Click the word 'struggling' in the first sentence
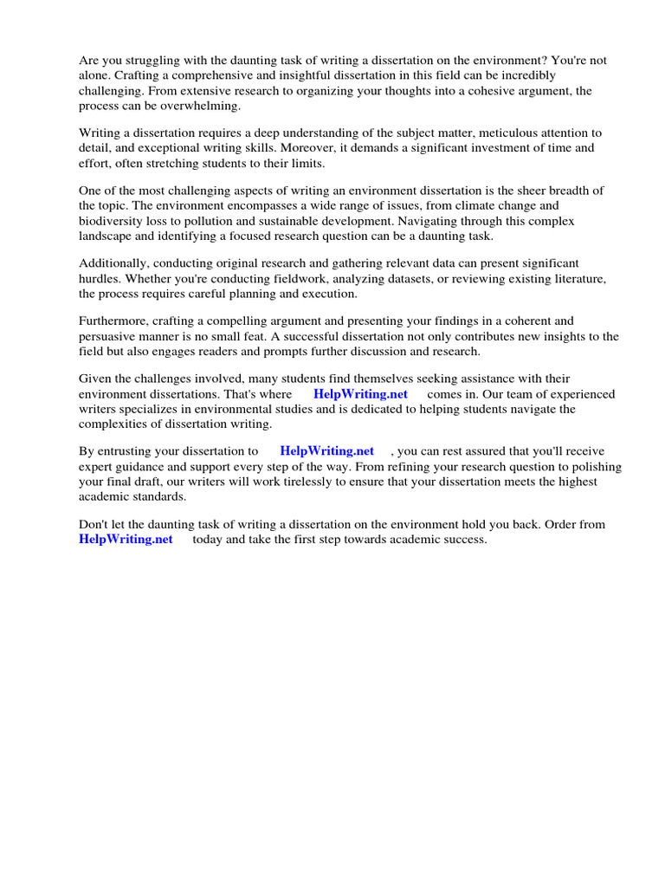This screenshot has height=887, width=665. pos(146,61)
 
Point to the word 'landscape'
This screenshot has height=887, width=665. pos(107,235)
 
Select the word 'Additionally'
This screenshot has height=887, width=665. pos(112,263)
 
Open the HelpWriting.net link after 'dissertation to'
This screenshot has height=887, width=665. pos(326,451)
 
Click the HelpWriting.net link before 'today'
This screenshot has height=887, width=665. pos(126,539)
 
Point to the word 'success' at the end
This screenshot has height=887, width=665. pos(464,539)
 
